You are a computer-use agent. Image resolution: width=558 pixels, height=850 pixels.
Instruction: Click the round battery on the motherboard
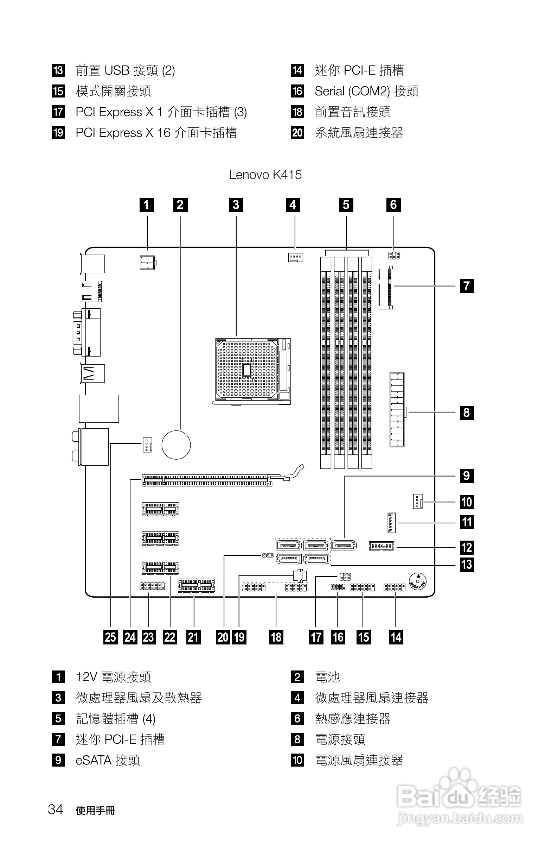pyautogui.click(x=176, y=445)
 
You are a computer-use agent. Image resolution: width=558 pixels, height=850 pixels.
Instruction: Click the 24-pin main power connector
pyautogui.click(x=397, y=409)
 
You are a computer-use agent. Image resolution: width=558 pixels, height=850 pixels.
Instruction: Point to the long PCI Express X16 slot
pyautogui.click(x=207, y=480)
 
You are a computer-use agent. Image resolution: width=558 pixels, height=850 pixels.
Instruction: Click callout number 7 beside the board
pyautogui.click(x=467, y=286)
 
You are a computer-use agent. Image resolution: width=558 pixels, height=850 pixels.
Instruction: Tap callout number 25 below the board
pyautogui.click(x=111, y=637)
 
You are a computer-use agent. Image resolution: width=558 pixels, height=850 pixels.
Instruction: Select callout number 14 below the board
pyautogui.click(x=396, y=637)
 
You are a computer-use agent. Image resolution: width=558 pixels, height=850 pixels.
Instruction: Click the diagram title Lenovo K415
pyautogui.click(x=265, y=175)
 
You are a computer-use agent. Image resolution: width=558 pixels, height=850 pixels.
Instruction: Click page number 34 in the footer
pyautogui.click(x=55, y=809)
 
